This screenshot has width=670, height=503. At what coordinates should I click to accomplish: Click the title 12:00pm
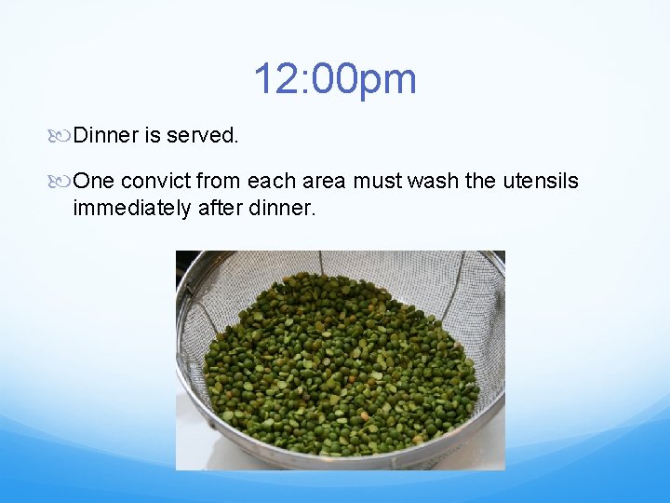tap(334, 79)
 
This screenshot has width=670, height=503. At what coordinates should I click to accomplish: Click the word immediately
tap(132, 207)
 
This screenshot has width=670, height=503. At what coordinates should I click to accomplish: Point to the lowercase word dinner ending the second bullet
tap(283, 207)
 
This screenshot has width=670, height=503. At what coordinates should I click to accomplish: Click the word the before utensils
tap(480, 181)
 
